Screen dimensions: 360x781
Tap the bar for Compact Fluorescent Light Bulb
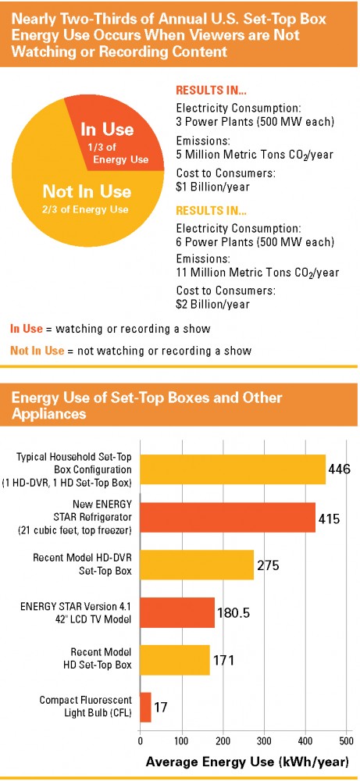[x=145, y=707]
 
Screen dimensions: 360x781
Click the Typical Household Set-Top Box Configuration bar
[x=233, y=469]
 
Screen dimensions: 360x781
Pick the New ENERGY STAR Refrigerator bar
[x=228, y=517]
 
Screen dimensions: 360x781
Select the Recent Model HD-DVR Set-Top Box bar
[x=197, y=565]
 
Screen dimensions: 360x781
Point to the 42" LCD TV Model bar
[x=177, y=612]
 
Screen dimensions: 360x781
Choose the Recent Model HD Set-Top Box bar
[x=175, y=660]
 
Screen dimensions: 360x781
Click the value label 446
[x=340, y=469]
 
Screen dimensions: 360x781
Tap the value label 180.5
[x=233, y=612]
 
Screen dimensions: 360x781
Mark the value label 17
[x=160, y=707]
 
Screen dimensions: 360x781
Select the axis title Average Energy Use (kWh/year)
[x=247, y=761]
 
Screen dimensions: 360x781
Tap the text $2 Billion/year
[x=213, y=304]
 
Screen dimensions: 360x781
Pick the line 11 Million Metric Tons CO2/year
[x=258, y=273]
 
